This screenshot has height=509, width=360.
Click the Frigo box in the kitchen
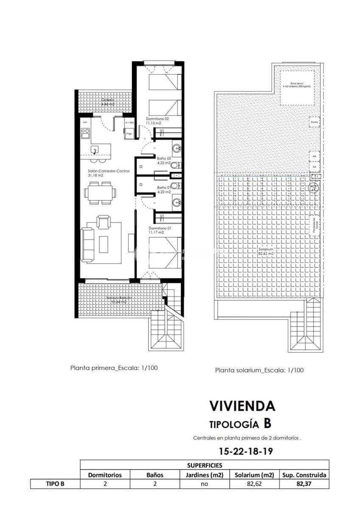click(129, 134)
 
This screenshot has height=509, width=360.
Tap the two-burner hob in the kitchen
click(85, 134)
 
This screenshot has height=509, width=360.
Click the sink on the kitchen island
click(95, 149)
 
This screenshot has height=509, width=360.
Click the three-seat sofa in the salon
click(88, 244)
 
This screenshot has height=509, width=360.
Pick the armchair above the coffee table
click(104, 221)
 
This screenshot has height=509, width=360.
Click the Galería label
click(107, 102)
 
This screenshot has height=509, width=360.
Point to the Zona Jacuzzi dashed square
click(297, 88)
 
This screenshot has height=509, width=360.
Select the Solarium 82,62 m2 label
click(266, 251)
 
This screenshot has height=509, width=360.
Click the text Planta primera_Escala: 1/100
click(114, 368)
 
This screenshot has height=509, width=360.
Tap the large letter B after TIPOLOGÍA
click(267, 423)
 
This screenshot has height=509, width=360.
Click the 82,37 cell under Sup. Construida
click(304, 484)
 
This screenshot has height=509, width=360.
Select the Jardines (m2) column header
click(204, 475)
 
